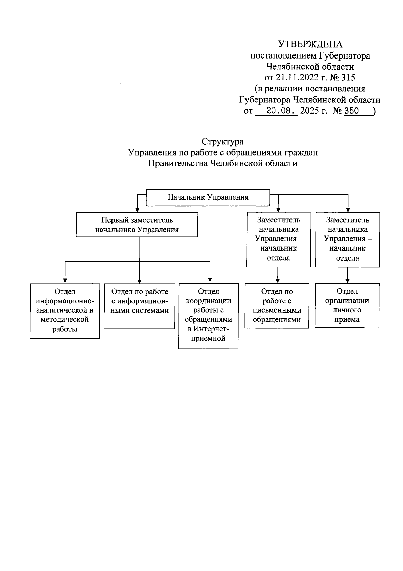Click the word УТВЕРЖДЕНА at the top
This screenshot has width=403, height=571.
click(310, 44)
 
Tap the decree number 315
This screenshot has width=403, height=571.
click(348, 78)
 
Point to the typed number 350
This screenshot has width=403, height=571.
click(352, 111)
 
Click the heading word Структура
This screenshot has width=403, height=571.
click(223, 141)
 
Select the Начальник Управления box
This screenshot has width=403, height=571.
click(208, 197)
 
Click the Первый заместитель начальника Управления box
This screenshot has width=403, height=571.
click(137, 225)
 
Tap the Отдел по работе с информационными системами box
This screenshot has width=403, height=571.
click(139, 306)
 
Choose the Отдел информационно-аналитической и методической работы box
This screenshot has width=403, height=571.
click(65, 311)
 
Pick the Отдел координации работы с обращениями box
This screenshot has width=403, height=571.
click(208, 316)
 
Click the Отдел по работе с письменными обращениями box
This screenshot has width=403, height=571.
click(277, 306)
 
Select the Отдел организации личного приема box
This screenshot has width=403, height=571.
click(347, 305)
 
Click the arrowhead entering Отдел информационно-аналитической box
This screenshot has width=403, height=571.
click(65, 280)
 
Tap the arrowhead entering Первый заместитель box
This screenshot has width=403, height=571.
click(137, 208)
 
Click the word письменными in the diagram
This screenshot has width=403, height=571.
click(277, 310)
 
